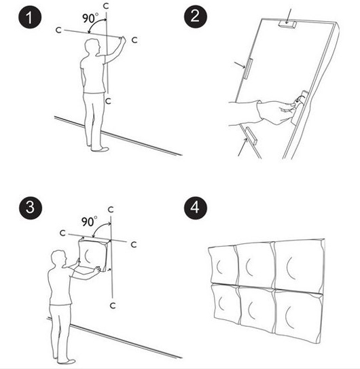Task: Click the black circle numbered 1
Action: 30,17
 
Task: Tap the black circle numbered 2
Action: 196,17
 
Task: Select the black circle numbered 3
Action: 31,207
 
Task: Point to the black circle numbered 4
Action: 196,208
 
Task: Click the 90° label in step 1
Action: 90,18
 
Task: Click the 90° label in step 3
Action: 89,222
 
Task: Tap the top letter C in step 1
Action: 106,6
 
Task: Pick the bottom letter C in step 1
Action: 108,101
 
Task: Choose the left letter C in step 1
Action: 58,30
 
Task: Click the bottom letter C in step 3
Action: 113,306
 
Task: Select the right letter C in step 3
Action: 134,245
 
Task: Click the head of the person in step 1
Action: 92,47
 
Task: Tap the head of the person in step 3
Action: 59,258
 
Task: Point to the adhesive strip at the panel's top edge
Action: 287,24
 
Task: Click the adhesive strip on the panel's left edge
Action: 248,69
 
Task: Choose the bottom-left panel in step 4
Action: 226,304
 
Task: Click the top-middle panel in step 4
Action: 255,265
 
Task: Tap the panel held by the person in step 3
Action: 94,255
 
